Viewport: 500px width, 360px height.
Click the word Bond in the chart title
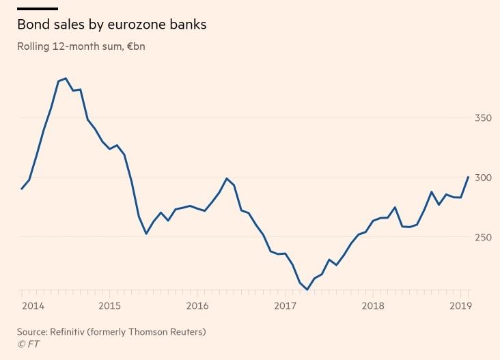31,25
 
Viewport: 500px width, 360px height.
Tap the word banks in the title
182,25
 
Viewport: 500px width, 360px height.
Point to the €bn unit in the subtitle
136,47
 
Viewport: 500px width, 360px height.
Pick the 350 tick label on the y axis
483,118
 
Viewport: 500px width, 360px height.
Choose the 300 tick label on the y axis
483,178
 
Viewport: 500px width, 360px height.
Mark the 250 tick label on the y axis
483,237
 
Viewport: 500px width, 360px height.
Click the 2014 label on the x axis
32,305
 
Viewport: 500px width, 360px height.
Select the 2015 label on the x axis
109,305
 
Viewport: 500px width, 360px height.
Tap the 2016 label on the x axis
197,305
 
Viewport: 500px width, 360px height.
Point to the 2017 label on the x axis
285,305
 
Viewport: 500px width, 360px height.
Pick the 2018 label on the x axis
373,305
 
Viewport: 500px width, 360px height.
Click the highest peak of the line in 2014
66,79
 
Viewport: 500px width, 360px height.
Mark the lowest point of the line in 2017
307,290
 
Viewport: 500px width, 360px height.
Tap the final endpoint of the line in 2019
468,177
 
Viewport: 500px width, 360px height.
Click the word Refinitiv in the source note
69,332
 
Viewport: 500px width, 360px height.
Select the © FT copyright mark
28,344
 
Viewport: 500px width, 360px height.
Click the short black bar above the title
38,8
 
